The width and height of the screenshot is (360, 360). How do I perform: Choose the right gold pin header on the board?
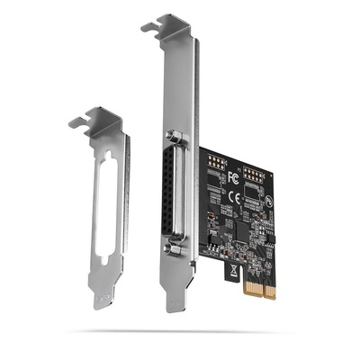(x=253, y=171)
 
